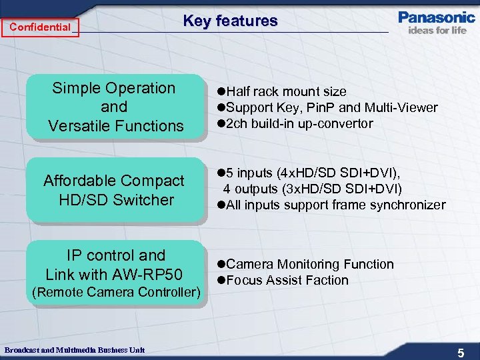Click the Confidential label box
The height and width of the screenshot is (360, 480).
(40, 27)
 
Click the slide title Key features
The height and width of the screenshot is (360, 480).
(230, 21)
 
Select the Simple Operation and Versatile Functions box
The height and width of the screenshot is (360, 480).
(114, 107)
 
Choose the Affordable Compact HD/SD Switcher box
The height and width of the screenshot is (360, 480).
(114, 190)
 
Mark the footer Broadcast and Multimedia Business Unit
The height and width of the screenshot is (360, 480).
(74, 350)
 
